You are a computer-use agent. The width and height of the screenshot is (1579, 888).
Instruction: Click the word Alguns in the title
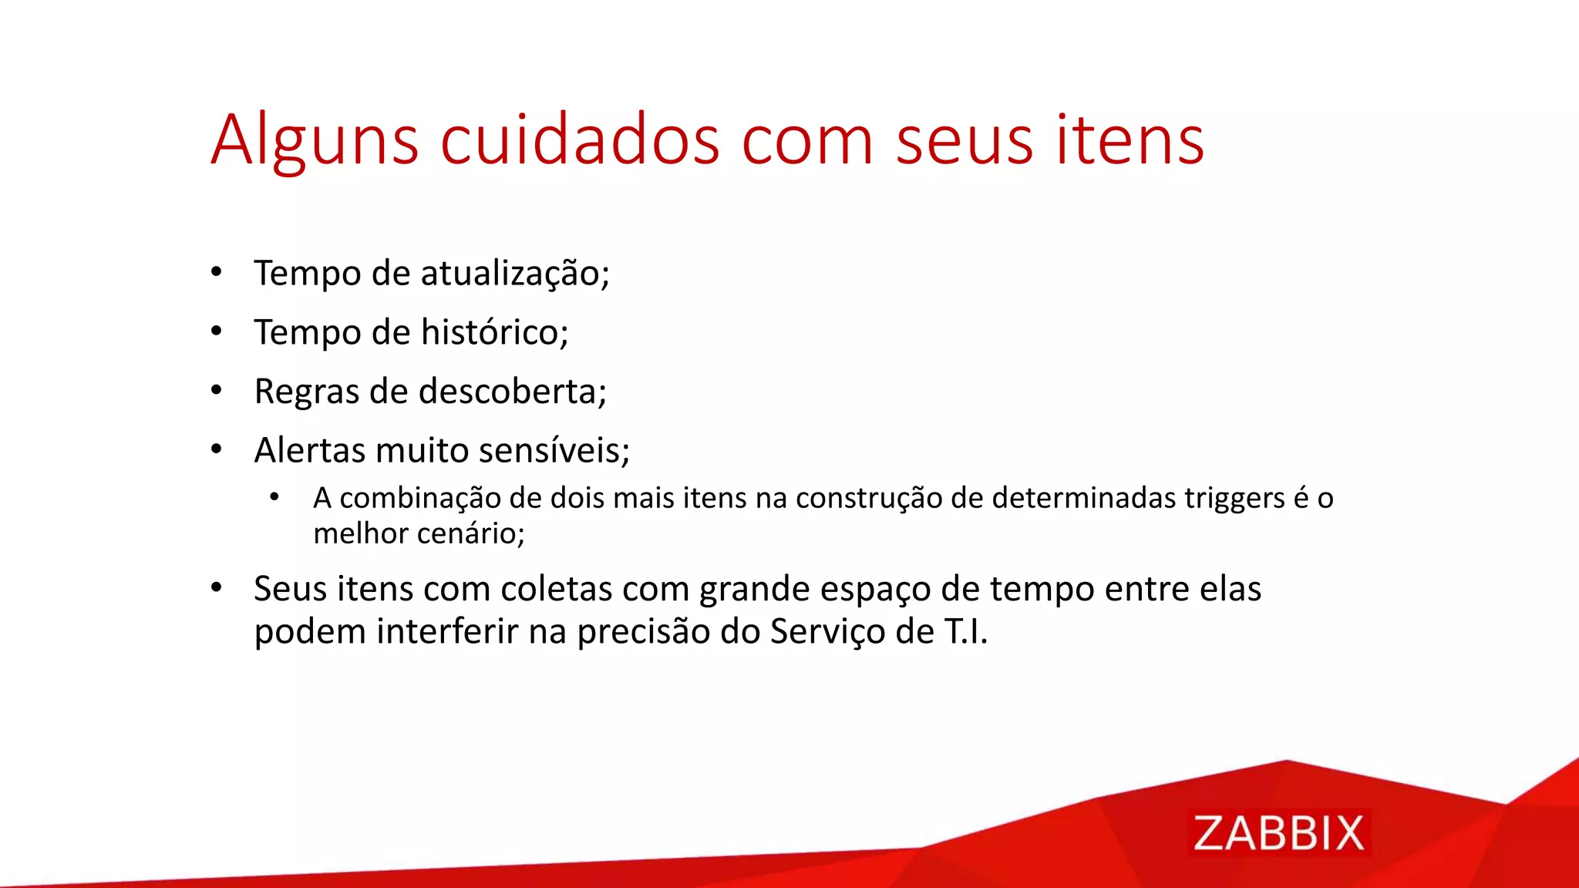pyautogui.click(x=315, y=141)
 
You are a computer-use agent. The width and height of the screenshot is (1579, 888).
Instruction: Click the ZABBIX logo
pyautogui.click(x=1278, y=833)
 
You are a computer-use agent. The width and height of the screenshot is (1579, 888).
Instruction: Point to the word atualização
pyautogui.click(x=514, y=274)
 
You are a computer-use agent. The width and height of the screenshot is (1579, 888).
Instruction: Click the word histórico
pyautogui.click(x=494, y=333)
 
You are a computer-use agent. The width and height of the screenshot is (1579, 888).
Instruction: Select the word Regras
pyautogui.click(x=307, y=392)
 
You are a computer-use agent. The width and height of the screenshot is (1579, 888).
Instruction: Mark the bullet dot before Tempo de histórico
pyautogui.click(x=217, y=331)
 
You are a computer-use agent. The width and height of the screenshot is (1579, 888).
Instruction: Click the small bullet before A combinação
pyautogui.click(x=274, y=497)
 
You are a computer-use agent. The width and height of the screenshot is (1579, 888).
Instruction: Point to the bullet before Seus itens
pyautogui.click(x=217, y=588)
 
